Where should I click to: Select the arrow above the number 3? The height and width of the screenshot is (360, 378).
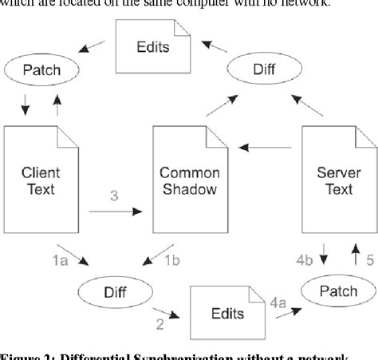115,212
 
